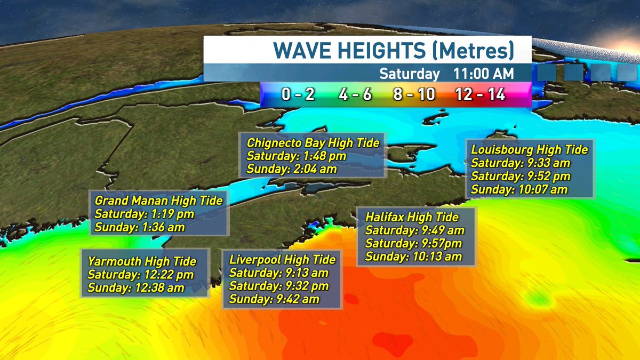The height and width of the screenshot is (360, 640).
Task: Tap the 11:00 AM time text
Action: tap(484, 74)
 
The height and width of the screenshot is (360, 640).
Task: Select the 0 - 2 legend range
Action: tap(298, 95)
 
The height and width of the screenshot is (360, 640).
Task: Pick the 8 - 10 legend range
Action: tap(414, 95)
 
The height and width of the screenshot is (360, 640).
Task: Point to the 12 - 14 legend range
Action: tap(480, 95)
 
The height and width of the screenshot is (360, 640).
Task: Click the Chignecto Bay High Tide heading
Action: tap(313, 143)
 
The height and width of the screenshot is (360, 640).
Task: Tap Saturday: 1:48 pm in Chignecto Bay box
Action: tap(297, 156)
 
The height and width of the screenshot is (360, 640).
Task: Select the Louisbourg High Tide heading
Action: tap(529, 149)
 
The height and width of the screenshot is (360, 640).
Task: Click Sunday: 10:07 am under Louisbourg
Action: tap(519, 189)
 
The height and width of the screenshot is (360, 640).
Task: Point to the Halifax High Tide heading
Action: tap(412, 217)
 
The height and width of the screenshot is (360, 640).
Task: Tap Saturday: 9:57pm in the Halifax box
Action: tap(413, 244)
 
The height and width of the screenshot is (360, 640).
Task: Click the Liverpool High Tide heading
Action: tap(282, 260)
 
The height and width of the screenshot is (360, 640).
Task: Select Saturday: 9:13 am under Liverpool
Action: tap(278, 273)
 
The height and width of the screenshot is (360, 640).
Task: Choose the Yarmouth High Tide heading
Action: tap(142, 261)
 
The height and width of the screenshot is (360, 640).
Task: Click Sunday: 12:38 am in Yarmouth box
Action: tap(136, 288)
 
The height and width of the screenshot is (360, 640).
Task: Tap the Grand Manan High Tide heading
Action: tap(158, 201)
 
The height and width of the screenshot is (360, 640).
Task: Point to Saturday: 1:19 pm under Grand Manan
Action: tap(144, 214)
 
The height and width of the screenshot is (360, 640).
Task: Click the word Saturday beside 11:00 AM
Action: tap(410, 74)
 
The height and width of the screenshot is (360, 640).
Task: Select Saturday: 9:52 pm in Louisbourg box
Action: tap(521, 176)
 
